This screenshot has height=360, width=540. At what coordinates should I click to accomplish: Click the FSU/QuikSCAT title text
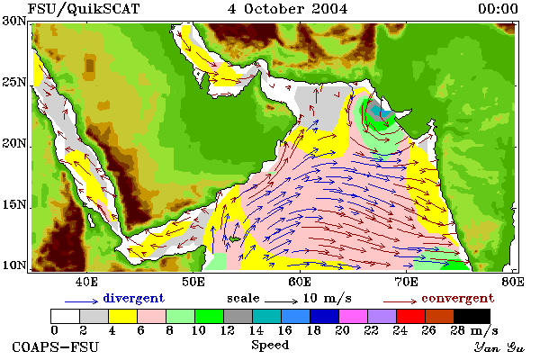coord(84,9)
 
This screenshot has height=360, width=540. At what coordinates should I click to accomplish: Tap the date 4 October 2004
coord(287,9)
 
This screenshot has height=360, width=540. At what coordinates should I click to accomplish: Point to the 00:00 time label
coord(498,9)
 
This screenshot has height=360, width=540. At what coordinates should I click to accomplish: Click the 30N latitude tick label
coord(14,21)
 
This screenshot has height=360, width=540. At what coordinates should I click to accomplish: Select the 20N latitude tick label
coord(14,143)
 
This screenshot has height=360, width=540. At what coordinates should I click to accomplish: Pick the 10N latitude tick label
coord(14,265)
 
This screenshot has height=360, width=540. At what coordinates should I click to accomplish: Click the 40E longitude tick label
coord(86,282)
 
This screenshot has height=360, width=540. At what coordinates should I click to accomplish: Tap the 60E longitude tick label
coord(300,282)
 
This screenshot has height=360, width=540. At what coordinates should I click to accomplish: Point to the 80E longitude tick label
coord(513,282)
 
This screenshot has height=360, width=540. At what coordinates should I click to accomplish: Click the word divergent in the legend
coord(133,298)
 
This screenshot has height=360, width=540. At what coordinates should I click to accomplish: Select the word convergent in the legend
coord(458,298)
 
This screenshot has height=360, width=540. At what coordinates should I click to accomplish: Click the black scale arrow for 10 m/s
coord(281,301)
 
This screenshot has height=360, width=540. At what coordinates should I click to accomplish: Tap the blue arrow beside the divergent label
coord(81,301)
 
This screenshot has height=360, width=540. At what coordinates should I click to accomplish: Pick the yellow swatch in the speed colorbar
coord(122,316)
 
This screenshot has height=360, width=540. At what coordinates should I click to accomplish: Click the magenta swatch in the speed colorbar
coord(354,316)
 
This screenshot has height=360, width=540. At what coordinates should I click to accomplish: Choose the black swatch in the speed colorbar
coord(472,316)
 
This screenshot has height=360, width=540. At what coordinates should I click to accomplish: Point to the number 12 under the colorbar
coord(228,330)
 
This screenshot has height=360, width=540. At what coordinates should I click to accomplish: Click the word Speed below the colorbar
coord(270,346)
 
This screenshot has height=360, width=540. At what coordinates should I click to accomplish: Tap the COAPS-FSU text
coord(55,346)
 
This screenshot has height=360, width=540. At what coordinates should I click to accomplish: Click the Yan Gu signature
coord(499,347)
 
